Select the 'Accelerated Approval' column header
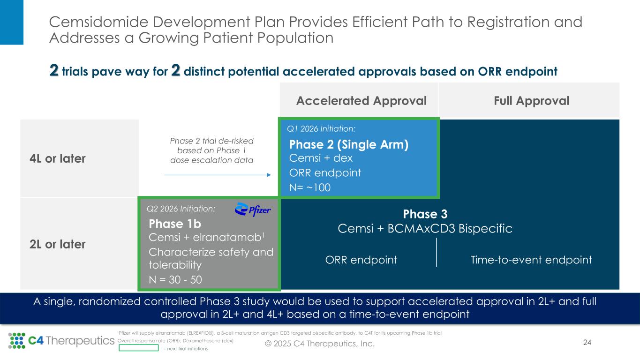point(361,101)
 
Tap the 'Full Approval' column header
point(529,101)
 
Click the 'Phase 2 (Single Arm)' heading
point(349,145)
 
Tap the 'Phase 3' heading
point(425,214)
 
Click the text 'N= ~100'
point(310,187)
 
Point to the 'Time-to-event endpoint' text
point(531,260)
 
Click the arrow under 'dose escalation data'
point(218,175)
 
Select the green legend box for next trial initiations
point(138,348)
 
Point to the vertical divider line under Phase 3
point(437,253)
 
